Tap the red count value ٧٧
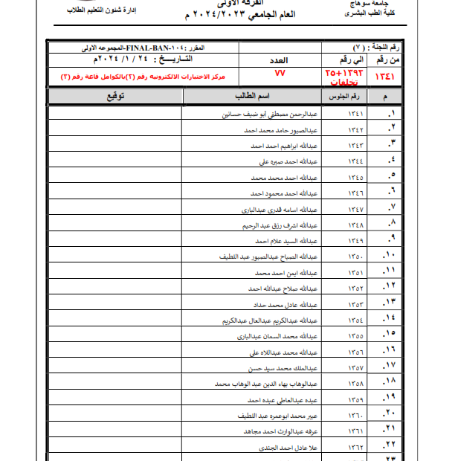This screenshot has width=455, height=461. click(x=280, y=73)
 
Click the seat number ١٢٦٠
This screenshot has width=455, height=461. click(x=356, y=416)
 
